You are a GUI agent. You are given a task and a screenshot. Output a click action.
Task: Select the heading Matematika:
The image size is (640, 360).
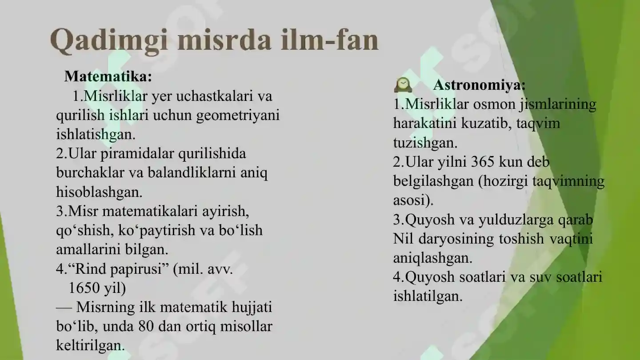[108, 76]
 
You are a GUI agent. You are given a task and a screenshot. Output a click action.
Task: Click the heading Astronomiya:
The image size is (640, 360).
[479, 84]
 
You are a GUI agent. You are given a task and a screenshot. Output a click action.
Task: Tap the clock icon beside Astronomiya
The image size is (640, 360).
[403, 85]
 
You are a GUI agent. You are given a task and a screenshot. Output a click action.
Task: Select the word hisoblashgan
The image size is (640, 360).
[99, 192]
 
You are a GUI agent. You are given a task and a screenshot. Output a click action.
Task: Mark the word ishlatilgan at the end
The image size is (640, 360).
[428, 296]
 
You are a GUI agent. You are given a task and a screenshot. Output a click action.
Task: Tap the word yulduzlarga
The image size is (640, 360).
[500, 220]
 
